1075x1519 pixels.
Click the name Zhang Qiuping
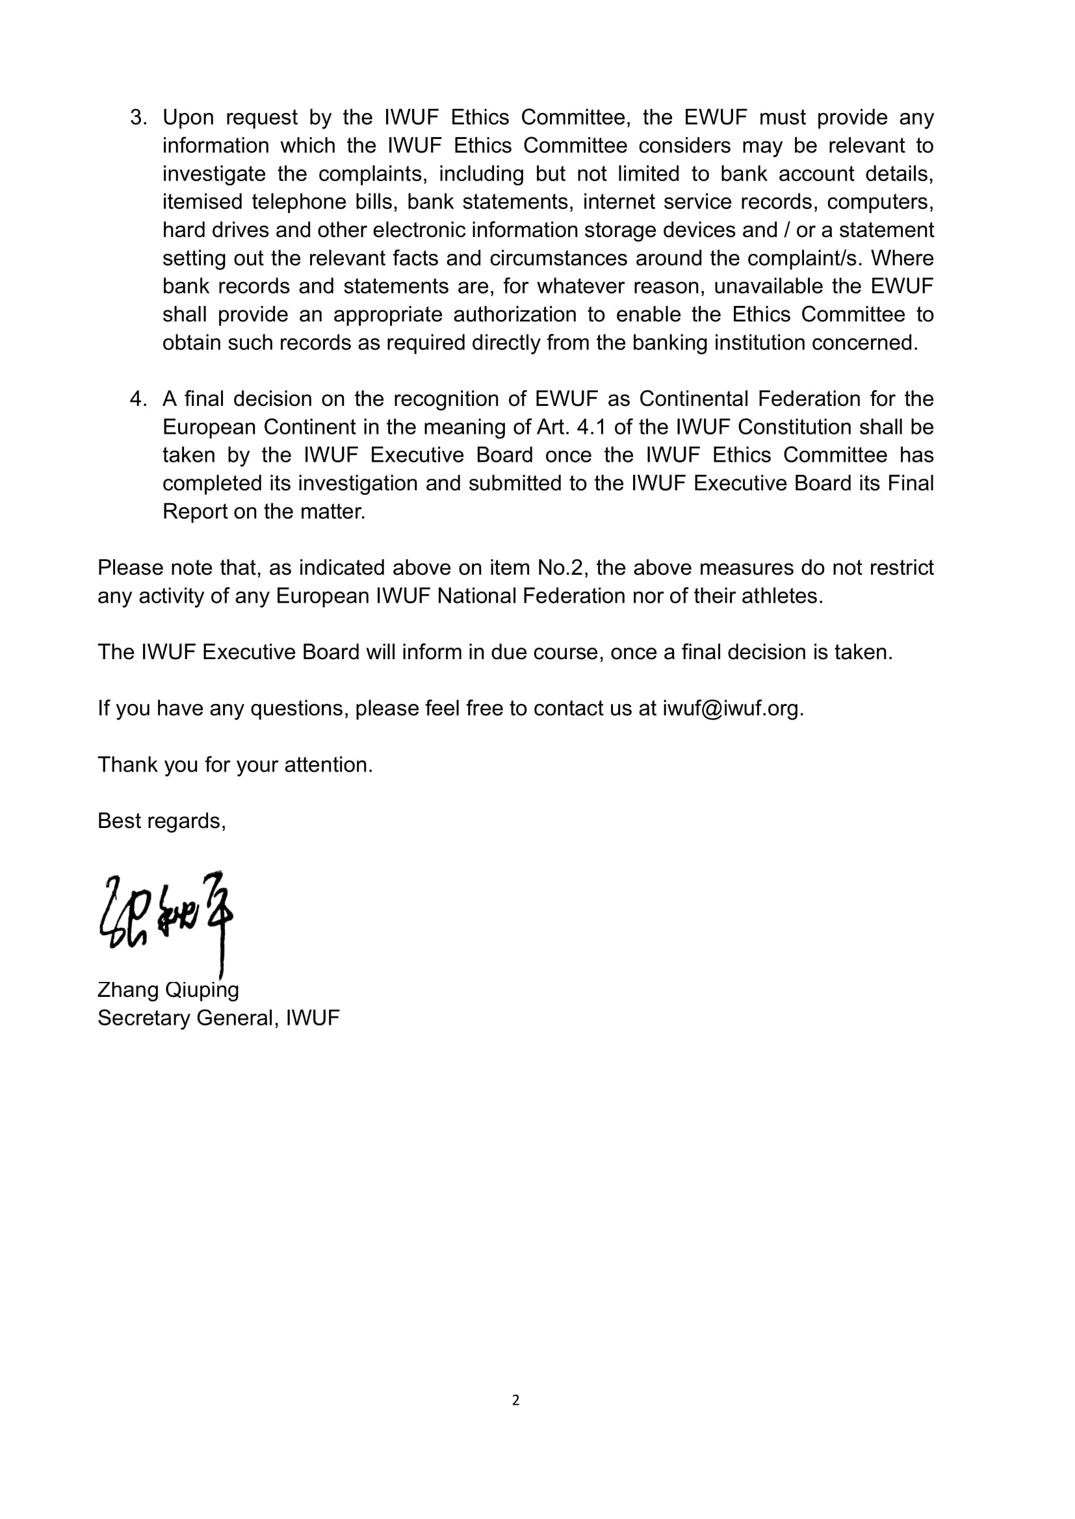(168, 990)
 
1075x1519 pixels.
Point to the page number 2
(515, 1400)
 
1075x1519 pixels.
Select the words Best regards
(162, 821)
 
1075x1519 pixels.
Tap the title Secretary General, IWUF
(218, 1018)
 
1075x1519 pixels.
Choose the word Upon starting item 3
(188, 117)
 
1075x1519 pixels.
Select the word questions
(297, 709)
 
